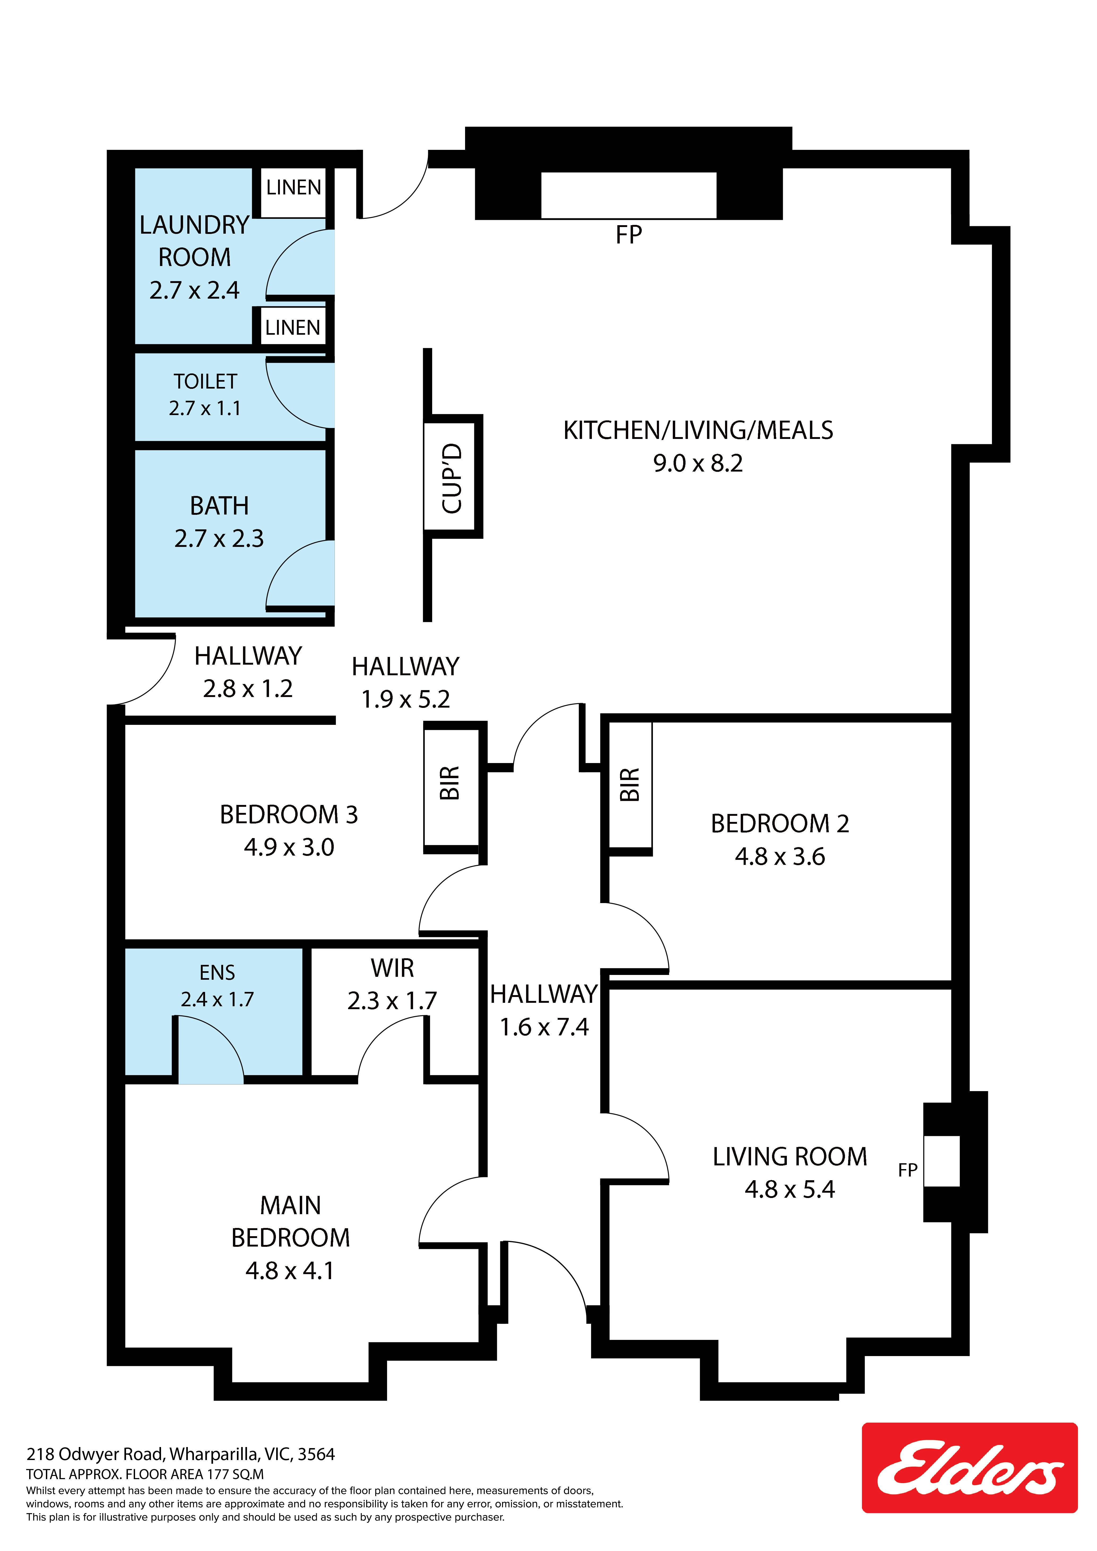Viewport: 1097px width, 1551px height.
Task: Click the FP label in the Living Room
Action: click(908, 1169)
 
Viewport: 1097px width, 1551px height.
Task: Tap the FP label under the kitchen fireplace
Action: click(628, 234)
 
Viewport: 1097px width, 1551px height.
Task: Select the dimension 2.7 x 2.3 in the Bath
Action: click(219, 538)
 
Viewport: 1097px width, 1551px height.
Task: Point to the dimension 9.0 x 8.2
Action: click(698, 463)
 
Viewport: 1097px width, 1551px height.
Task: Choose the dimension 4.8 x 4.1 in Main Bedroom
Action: click(290, 1271)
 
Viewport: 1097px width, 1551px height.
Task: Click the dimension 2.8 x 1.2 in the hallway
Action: click(248, 689)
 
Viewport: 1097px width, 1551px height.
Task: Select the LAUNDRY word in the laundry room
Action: click(195, 225)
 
